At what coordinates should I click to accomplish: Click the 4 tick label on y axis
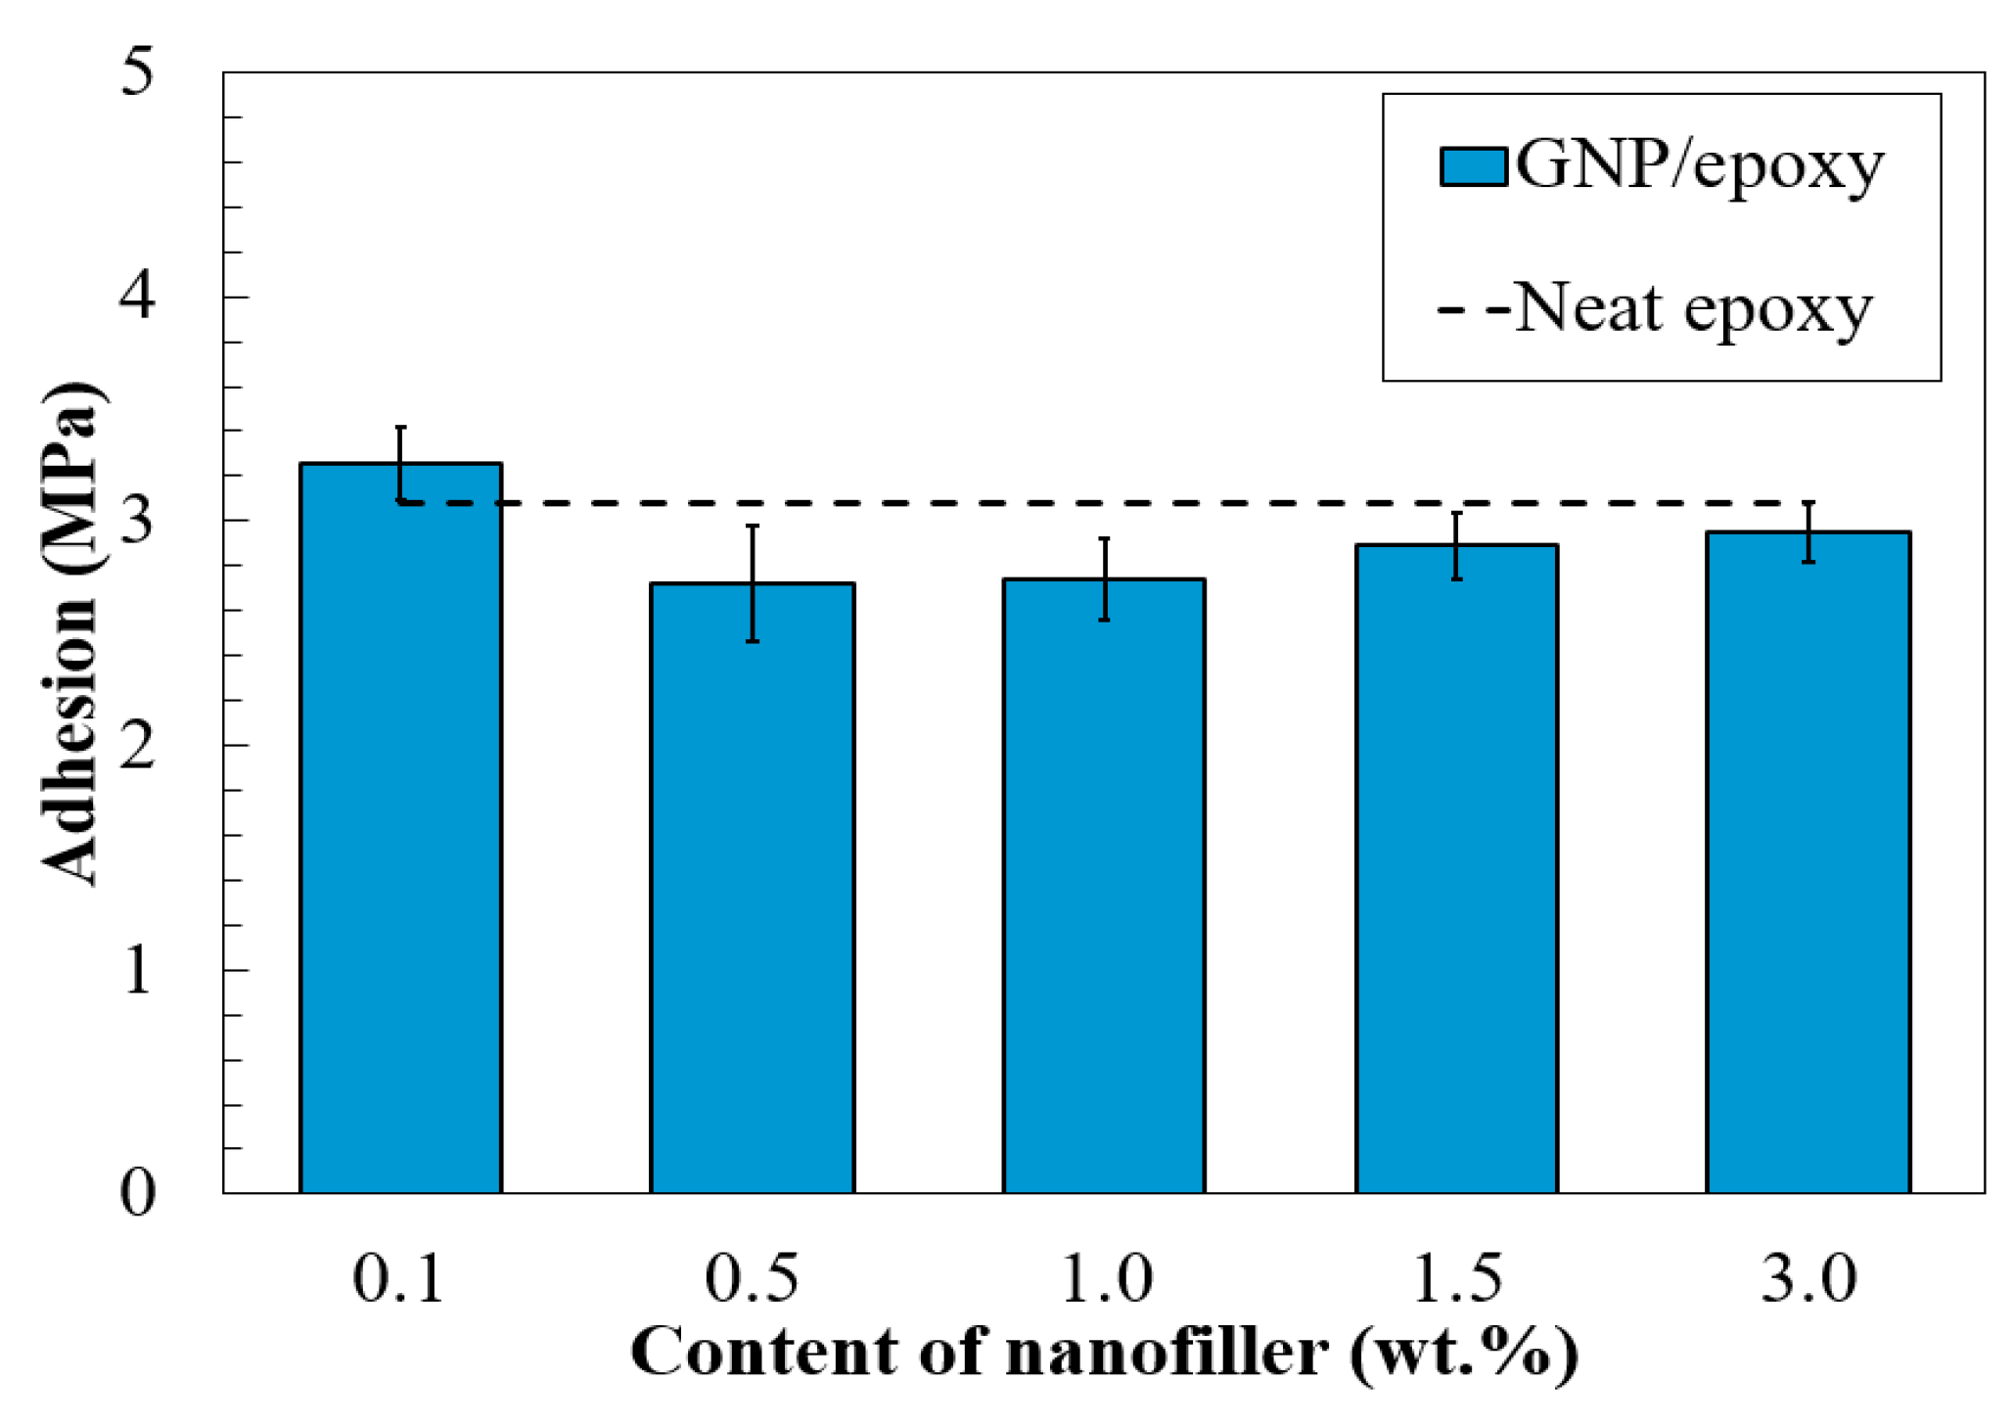(x=137, y=296)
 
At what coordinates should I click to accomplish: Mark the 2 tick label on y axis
(x=137, y=745)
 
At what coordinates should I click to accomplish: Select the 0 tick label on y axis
(x=137, y=1193)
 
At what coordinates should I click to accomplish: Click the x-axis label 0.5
(x=752, y=1278)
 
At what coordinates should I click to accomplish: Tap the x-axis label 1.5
(x=1456, y=1278)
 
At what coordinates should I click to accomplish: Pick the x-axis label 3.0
(x=1808, y=1278)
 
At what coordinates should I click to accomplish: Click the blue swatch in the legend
(x=1472, y=166)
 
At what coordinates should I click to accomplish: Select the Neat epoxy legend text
(x=1693, y=309)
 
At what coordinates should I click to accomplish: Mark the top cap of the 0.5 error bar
(x=753, y=527)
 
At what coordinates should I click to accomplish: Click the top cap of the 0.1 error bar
(x=400, y=428)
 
